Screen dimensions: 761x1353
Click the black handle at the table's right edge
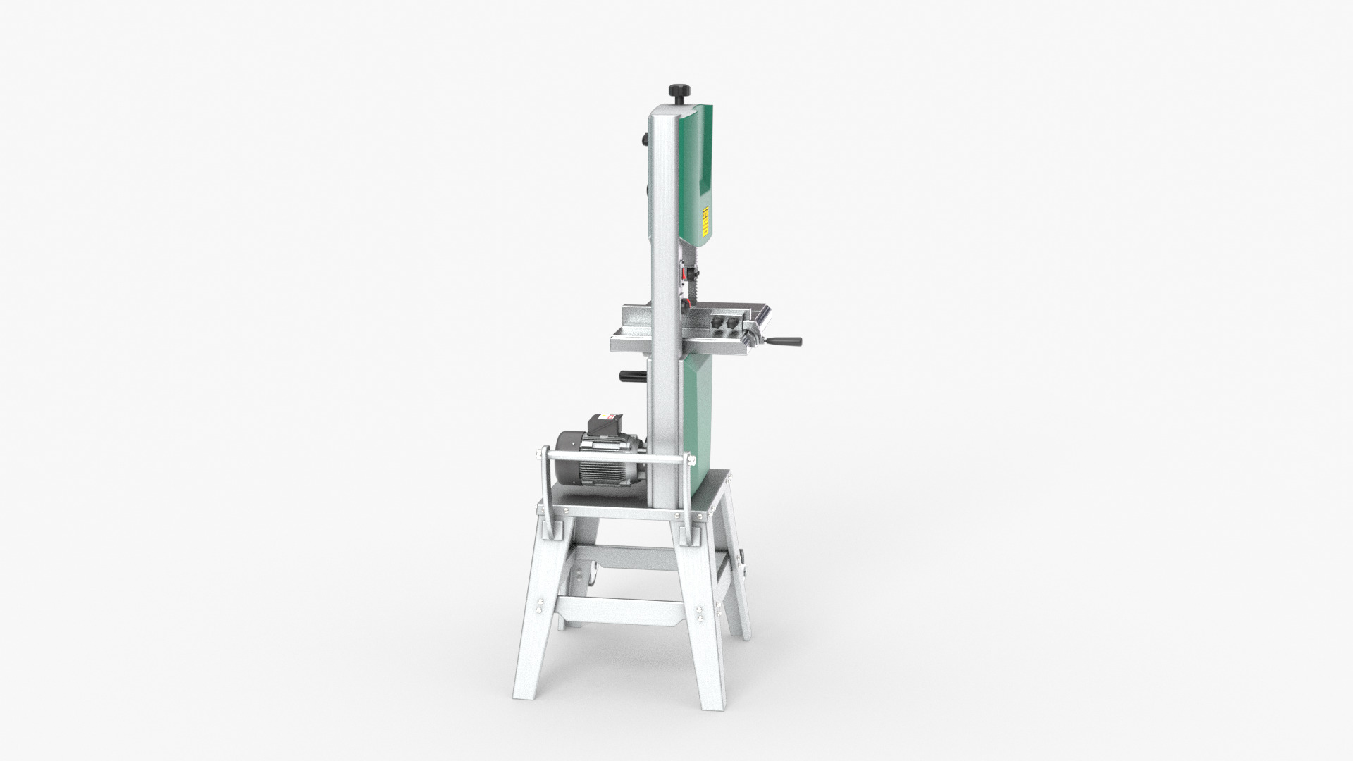(x=785, y=342)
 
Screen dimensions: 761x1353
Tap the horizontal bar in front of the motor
(x=613, y=458)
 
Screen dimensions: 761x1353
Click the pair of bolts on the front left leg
(x=538, y=606)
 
